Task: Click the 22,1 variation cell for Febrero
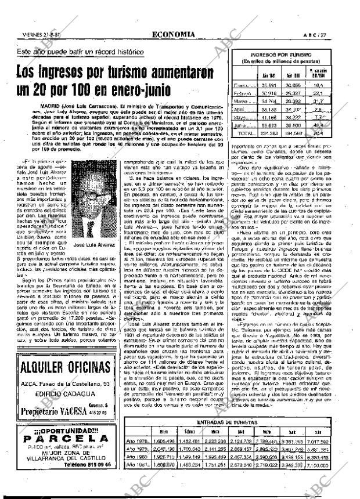[317, 92]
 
